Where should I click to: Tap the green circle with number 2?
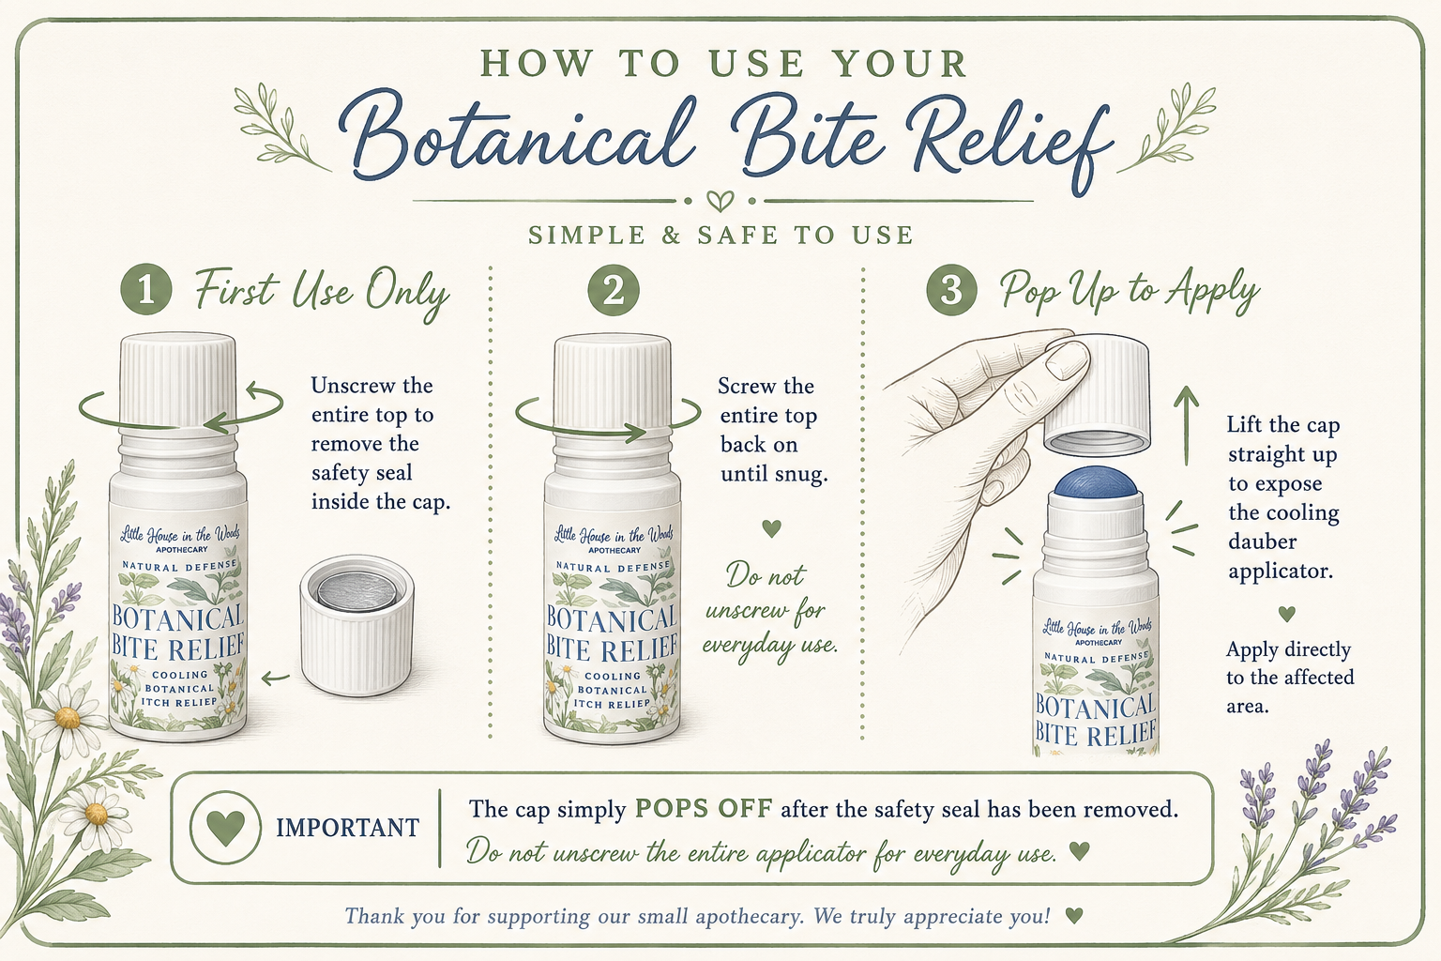tap(614, 290)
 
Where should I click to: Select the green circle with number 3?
tap(951, 290)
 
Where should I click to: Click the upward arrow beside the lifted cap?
tap(1186, 425)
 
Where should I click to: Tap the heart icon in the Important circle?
tap(225, 827)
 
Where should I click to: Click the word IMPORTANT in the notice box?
tap(347, 828)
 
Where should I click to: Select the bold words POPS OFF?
tap(703, 808)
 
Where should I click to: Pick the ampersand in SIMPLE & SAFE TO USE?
tap(671, 235)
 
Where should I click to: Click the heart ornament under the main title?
tap(720, 201)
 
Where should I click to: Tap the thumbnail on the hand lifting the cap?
tap(1068, 359)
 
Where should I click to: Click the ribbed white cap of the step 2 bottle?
tap(613, 382)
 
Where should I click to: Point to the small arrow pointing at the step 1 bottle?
tap(275, 678)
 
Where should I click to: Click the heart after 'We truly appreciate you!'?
tap(1074, 915)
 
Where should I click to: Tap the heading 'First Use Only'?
tap(322, 293)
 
